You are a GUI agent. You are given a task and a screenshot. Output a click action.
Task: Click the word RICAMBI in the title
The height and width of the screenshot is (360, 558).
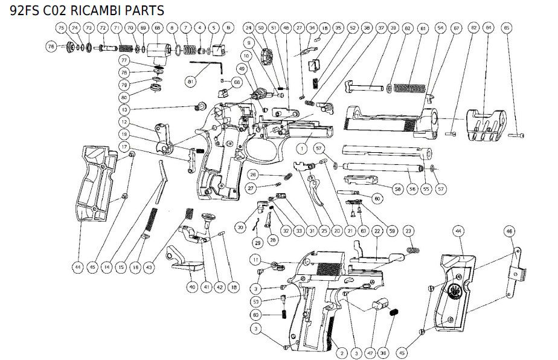91,10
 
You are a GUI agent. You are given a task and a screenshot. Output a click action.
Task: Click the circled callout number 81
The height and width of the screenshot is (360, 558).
190,80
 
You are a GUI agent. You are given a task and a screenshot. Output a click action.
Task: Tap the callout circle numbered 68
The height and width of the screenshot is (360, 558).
158,28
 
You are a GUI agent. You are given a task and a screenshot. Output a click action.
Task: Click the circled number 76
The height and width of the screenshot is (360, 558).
51,47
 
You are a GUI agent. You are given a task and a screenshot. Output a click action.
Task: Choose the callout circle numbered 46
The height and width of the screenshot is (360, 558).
509,231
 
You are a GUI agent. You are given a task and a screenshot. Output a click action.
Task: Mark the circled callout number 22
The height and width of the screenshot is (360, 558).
377,231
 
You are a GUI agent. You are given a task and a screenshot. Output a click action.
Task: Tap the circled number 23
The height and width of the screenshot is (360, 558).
408,231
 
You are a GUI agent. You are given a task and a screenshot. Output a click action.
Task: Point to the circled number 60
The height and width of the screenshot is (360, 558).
377,198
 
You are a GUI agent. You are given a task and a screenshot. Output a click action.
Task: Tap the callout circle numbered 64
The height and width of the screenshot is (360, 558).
489,28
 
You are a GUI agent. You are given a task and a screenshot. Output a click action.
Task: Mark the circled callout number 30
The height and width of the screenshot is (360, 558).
240,227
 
